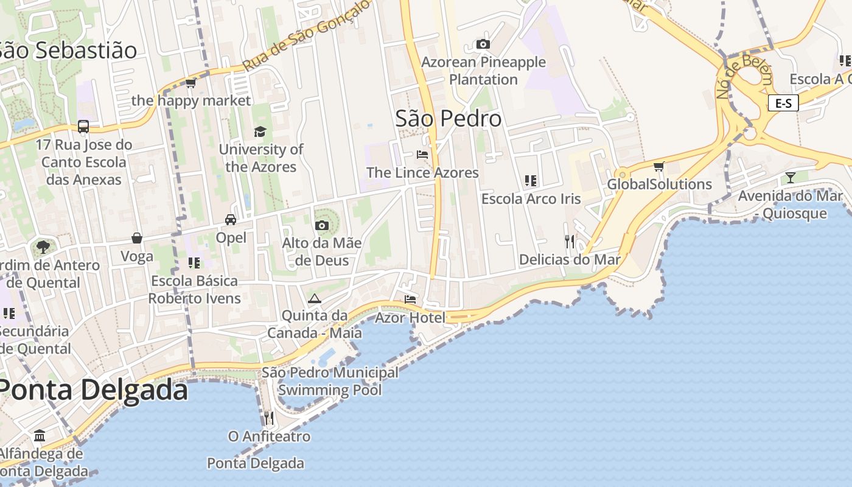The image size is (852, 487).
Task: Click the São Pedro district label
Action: point(449,119)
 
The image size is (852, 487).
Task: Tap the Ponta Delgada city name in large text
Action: point(93,390)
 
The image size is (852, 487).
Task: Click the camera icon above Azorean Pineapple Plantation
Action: point(483,44)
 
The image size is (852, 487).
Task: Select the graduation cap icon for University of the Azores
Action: point(260,131)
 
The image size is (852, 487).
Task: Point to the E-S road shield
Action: point(783,103)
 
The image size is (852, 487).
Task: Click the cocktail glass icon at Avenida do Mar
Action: point(790,177)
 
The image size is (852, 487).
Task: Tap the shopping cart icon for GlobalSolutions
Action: point(658,166)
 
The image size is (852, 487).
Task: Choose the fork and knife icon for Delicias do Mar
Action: point(570,241)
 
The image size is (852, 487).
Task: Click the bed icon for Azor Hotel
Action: point(410,299)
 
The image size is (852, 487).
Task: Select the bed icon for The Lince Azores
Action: point(422,155)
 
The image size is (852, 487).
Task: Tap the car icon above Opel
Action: point(231,219)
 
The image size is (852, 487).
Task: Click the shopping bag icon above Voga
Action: point(137,238)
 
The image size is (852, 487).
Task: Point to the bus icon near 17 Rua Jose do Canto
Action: point(83,127)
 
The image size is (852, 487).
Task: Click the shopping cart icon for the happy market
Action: point(191,83)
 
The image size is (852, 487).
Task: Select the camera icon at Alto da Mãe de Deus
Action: point(322,226)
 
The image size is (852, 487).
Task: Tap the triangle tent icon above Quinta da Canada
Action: point(314,298)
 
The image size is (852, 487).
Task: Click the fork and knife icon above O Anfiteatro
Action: point(268,418)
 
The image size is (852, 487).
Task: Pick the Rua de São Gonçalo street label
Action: point(307,35)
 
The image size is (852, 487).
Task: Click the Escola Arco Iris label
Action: point(531,199)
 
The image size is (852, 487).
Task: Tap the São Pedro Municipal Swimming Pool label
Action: point(330,381)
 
